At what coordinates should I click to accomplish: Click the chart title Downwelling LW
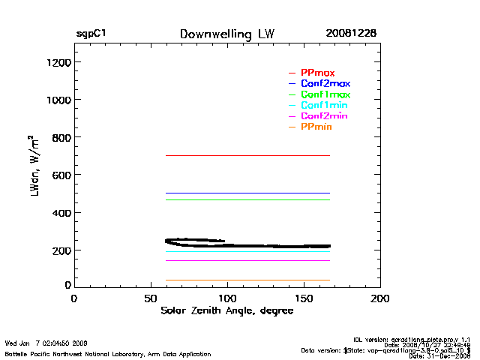(x=226, y=34)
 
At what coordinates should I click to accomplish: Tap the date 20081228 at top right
(x=350, y=34)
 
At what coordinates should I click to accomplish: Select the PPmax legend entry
(x=317, y=73)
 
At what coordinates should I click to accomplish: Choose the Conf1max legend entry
(x=325, y=94)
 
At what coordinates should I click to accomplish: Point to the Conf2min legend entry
(x=323, y=116)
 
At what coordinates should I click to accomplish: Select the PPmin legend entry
(x=316, y=127)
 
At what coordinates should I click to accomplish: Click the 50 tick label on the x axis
(x=150, y=298)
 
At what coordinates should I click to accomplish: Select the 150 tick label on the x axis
(x=304, y=298)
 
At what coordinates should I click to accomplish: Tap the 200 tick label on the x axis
(x=380, y=298)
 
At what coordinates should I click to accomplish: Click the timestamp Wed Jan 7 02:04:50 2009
(x=46, y=343)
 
